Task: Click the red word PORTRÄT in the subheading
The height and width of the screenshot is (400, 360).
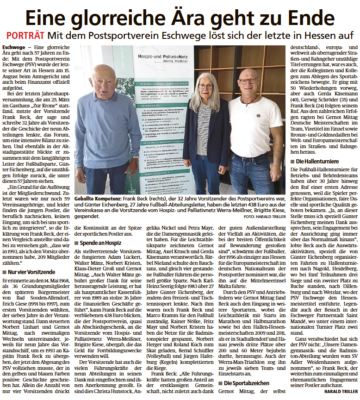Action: [25, 36]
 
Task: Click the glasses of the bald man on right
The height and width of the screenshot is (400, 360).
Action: [249, 81]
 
